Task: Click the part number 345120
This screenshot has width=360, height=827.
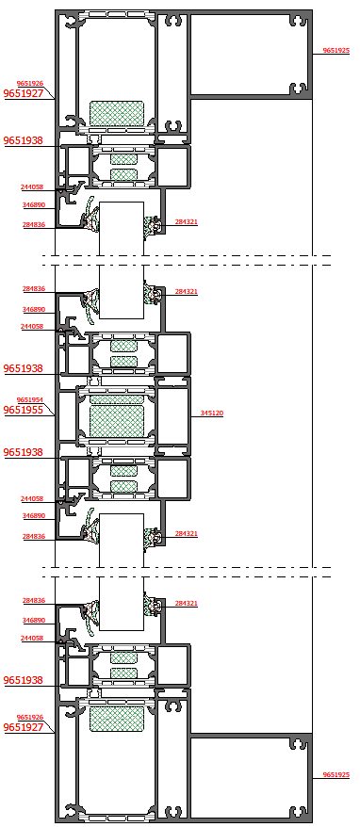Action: (x=212, y=413)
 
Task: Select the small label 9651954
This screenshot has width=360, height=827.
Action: (x=29, y=399)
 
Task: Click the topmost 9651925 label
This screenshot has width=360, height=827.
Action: (x=336, y=51)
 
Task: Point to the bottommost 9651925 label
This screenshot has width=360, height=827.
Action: (x=336, y=774)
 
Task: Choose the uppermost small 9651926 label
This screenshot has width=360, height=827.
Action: (x=29, y=83)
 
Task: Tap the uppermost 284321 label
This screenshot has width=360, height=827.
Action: (x=187, y=222)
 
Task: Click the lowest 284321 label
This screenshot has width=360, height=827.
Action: (x=187, y=603)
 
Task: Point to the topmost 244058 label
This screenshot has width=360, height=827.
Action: (x=32, y=187)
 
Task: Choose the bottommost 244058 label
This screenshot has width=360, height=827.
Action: (x=32, y=639)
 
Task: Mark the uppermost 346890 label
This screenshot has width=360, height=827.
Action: (x=33, y=204)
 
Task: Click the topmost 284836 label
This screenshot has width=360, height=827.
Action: (x=33, y=225)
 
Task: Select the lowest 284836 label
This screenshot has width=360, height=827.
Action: (x=33, y=600)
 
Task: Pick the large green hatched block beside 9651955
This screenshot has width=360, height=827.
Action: (x=117, y=421)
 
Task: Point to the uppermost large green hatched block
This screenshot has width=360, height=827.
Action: (x=117, y=113)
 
